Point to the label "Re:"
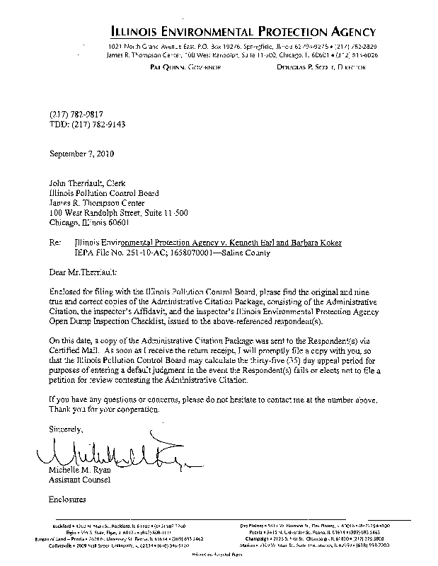pyautogui.click(x=55, y=243)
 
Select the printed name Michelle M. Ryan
pyautogui.click(x=81, y=470)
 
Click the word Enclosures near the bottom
pyautogui.click(x=67, y=499)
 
